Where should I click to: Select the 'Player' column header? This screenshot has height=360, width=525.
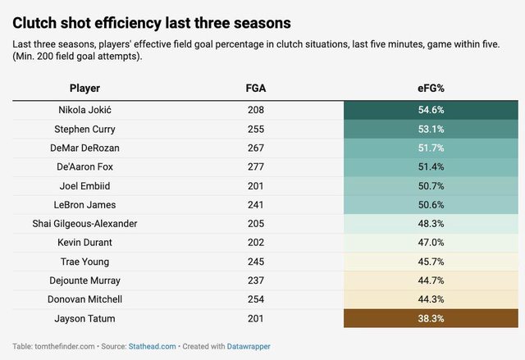coord(85,88)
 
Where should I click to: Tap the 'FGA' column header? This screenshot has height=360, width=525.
coord(255,88)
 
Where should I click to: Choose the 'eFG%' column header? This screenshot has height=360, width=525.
coord(431,88)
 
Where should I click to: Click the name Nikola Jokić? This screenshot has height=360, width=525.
coord(85,110)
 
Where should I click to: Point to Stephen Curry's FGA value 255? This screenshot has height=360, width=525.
coord(255,129)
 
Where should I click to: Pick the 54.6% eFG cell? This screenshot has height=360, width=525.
coord(431,110)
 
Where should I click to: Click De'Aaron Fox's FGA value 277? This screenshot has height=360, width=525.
coord(255,166)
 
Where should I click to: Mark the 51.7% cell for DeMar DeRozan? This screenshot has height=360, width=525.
coord(431,148)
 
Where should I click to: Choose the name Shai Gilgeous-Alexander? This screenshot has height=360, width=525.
coord(85,224)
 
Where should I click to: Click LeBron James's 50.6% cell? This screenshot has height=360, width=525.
coord(431,204)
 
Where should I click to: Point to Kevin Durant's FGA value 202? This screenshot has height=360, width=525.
coord(255,243)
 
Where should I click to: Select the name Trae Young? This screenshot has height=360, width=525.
coord(85,262)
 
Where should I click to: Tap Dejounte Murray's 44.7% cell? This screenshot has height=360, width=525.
coord(431,280)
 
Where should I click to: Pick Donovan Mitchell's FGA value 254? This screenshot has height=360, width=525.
coord(255,299)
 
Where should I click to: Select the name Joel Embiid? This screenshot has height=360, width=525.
coord(85,185)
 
